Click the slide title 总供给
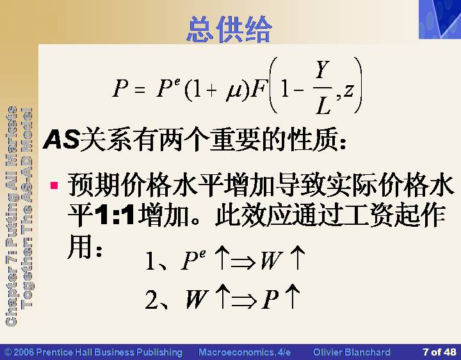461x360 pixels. (229, 29)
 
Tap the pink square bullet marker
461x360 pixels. (54, 185)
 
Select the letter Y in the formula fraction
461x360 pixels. (322, 70)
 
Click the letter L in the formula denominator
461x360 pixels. (323, 105)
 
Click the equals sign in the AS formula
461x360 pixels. (140, 89)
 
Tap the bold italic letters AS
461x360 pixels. (61, 139)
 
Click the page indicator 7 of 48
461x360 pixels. (439, 352)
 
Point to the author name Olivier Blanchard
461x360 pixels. (352, 352)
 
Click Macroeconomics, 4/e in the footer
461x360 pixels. (245, 352)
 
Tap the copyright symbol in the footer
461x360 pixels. (8, 352)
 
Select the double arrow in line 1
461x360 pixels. (243, 262)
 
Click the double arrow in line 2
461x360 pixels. (244, 302)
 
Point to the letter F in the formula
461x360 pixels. (259, 88)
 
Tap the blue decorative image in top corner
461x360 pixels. (440, 19)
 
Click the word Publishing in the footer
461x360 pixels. (159, 352)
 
